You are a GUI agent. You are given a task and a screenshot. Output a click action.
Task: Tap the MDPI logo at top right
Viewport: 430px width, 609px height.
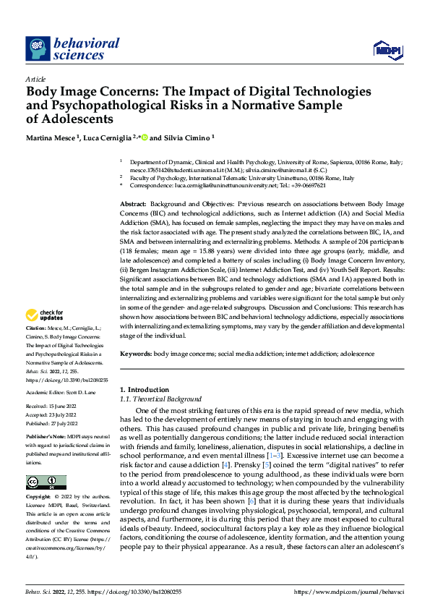[387, 48]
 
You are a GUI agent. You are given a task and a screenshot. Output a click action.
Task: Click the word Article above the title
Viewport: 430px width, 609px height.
[35, 79]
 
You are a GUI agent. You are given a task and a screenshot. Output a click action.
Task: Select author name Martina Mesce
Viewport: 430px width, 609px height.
[52, 137]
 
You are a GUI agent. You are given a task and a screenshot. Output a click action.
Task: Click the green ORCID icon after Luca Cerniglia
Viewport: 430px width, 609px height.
[145, 137]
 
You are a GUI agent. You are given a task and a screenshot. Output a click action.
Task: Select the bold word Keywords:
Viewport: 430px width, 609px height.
[137, 354]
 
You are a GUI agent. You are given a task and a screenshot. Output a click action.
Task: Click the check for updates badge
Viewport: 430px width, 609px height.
[45, 315]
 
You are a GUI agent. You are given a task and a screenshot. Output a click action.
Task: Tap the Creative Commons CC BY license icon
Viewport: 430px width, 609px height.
[46, 482]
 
